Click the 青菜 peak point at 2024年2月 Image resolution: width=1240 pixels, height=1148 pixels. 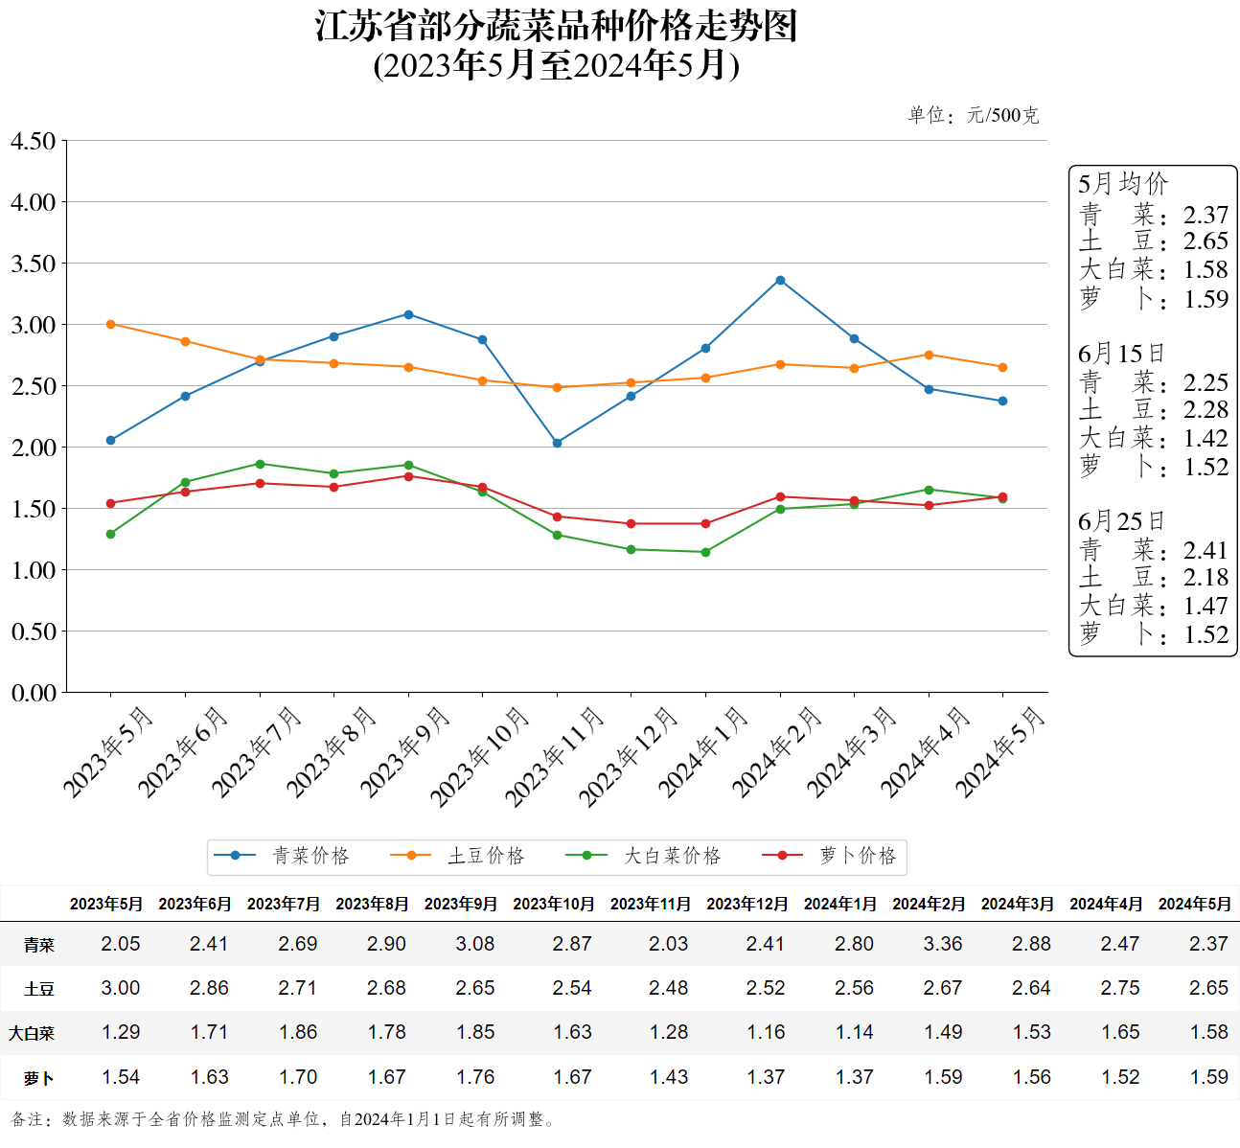[x=780, y=280]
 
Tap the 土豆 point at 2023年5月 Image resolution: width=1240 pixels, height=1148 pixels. [x=111, y=324]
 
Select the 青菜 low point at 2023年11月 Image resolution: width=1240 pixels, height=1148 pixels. [x=557, y=443]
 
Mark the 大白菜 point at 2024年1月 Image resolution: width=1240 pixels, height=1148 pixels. [x=705, y=552]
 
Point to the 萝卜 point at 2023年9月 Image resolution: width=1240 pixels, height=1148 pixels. [x=408, y=476]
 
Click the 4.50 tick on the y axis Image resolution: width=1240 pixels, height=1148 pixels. [x=34, y=141]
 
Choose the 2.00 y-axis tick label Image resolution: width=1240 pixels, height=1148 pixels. [x=34, y=448]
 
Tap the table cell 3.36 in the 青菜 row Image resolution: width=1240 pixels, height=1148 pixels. [x=943, y=944]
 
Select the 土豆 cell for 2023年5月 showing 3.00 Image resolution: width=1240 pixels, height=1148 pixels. [x=121, y=988]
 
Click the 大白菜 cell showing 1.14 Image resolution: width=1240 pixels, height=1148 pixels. [x=854, y=1032]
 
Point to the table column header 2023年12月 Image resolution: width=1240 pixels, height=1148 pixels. [x=746, y=904]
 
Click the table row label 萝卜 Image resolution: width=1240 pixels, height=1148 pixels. [x=39, y=1078]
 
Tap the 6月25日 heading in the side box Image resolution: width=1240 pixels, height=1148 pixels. [x=1121, y=521]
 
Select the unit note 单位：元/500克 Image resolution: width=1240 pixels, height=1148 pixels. [x=973, y=115]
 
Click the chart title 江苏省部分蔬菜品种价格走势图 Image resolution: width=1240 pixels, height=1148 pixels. [x=557, y=26]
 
